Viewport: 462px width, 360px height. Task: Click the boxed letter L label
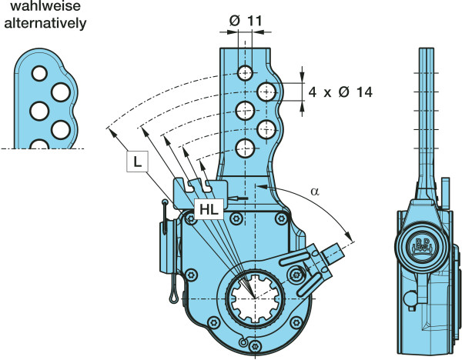click(136, 163)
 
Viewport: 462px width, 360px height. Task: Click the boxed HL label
click(209, 208)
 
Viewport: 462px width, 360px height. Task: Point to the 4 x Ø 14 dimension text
click(340, 92)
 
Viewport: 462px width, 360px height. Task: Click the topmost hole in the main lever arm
click(246, 73)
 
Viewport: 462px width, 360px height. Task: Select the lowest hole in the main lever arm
click(246, 148)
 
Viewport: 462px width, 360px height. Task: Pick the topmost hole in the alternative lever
click(35, 74)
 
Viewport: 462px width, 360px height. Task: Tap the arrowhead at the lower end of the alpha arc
click(352, 239)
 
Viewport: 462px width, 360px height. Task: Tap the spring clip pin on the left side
click(168, 254)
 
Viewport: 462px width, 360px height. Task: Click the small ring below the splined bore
click(244, 342)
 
